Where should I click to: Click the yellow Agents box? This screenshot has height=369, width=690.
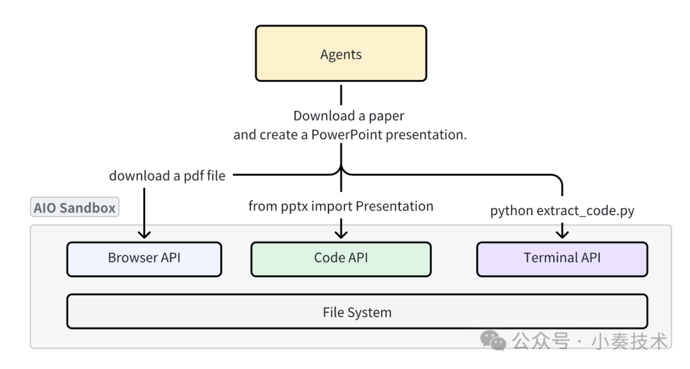tap(341, 54)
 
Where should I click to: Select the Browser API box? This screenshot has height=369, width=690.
tap(144, 259)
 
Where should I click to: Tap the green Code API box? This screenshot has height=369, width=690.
tap(341, 259)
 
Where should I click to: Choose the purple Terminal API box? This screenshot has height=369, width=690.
tap(562, 259)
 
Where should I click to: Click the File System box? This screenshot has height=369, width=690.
tap(356, 312)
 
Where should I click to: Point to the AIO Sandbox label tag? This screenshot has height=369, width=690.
tap(75, 208)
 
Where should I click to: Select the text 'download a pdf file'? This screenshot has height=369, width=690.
tap(167, 176)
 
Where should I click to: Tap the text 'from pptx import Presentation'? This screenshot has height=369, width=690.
tap(341, 206)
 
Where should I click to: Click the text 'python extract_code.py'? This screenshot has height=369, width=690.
tap(562, 211)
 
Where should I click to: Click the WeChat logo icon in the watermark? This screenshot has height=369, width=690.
tap(493, 341)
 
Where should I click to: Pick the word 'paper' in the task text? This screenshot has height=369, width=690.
tap(387, 116)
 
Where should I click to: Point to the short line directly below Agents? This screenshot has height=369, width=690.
tap(341, 94)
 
